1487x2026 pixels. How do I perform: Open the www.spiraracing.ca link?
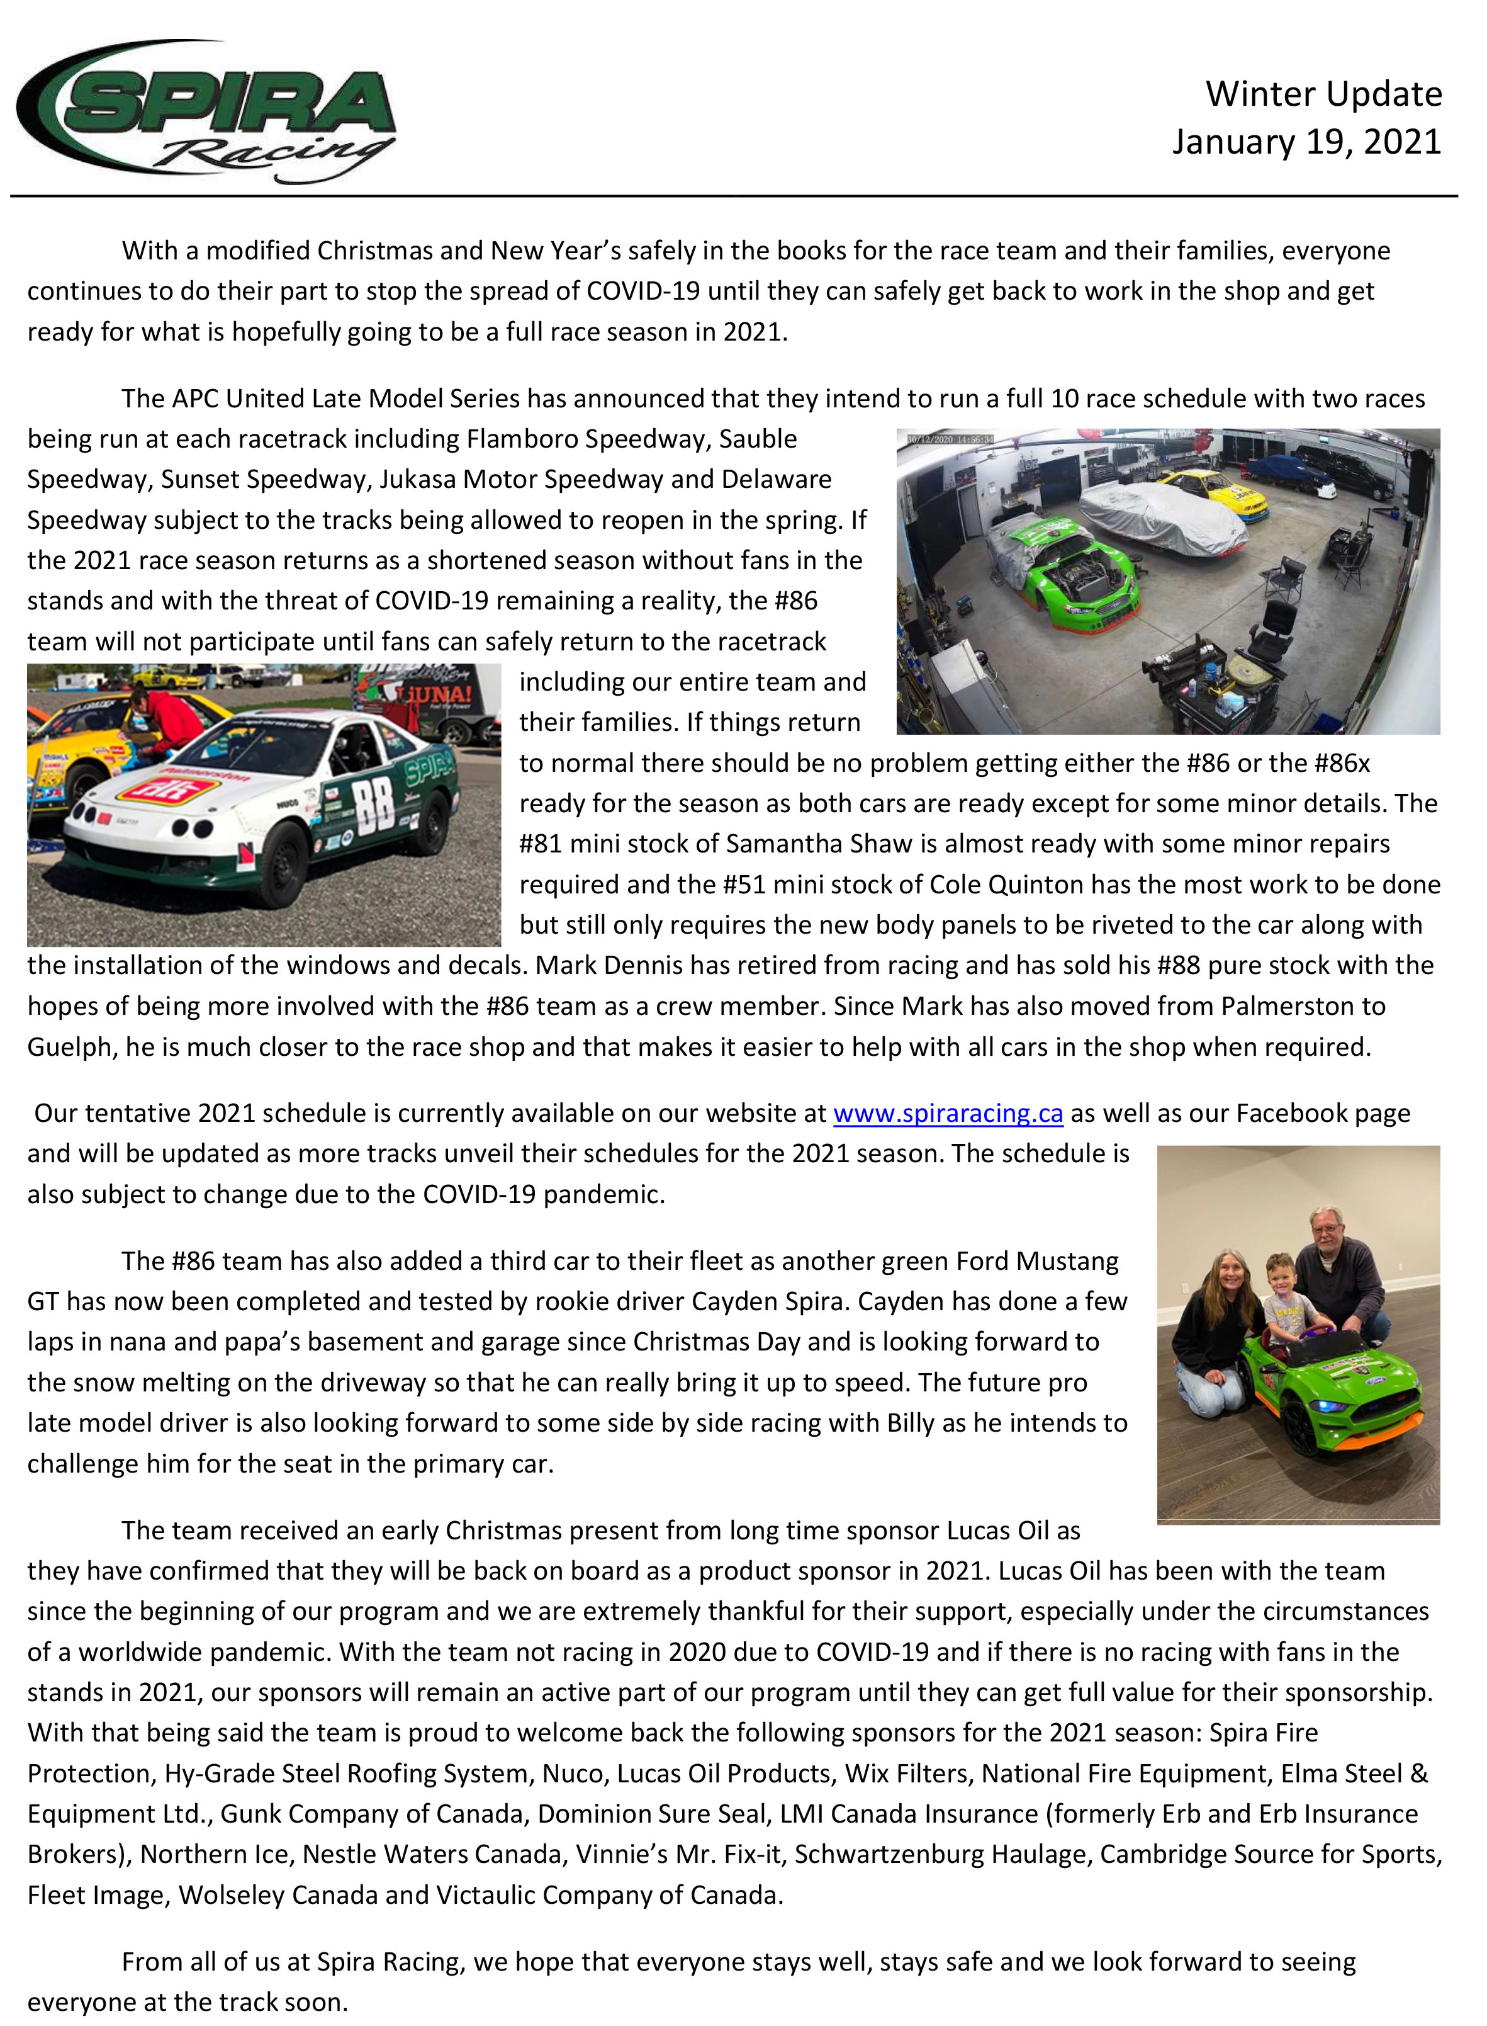point(947,1113)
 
